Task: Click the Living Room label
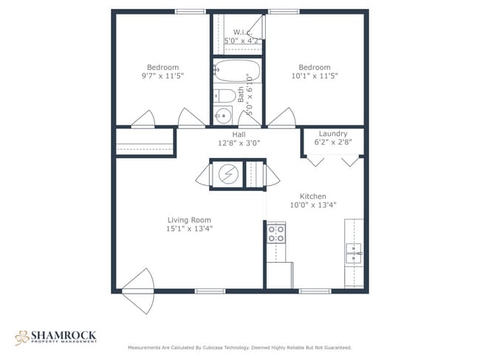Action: tap(189, 220)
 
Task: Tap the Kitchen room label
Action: tap(313, 196)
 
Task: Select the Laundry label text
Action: tap(333, 134)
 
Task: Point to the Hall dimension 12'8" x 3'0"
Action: tap(239, 143)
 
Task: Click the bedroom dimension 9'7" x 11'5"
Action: tap(163, 76)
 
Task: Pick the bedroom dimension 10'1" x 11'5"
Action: tap(315, 76)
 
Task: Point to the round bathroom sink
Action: tap(223, 115)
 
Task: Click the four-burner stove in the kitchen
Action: tap(276, 234)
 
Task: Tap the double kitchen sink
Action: tap(354, 253)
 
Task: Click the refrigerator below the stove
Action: tap(279, 274)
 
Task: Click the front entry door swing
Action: tap(139, 291)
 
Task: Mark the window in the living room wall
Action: tap(210, 291)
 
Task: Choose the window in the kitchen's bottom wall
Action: tap(315, 291)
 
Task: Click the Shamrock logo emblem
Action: tap(21, 338)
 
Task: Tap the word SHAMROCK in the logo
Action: tap(64, 335)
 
